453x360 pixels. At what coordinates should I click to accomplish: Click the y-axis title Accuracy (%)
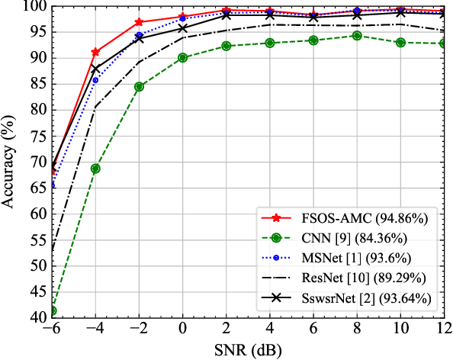click(x=10, y=162)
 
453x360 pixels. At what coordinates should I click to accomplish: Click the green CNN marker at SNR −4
click(x=95, y=169)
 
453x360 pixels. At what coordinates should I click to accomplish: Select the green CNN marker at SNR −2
click(x=139, y=87)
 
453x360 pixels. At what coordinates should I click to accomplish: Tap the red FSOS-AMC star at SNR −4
click(x=95, y=52)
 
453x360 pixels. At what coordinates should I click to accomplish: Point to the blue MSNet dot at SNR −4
click(x=95, y=80)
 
